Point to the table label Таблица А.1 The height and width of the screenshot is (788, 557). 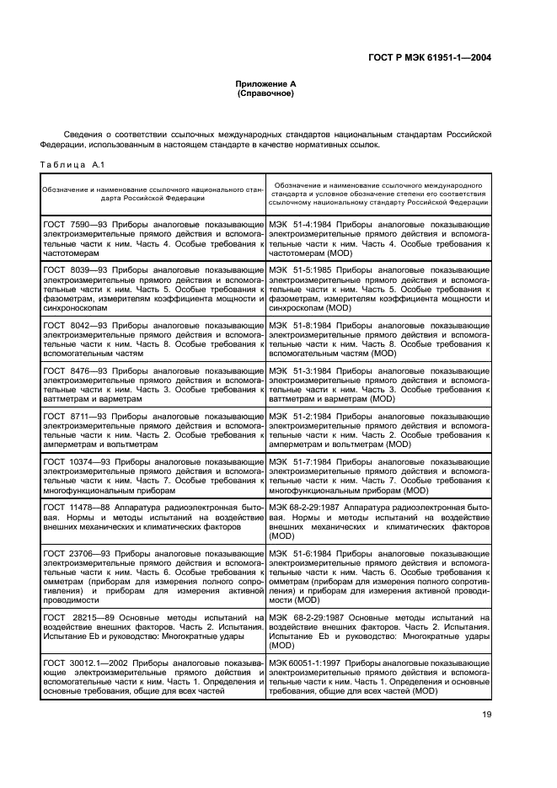point(72,164)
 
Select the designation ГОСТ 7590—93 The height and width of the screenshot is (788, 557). point(72,226)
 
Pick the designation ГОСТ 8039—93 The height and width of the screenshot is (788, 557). point(72,270)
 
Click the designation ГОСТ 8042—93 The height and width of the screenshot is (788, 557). point(72,324)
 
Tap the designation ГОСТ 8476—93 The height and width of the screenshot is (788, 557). point(72,369)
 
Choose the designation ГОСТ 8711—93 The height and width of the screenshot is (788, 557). point(72,415)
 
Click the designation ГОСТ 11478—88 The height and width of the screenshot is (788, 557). point(74,505)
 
